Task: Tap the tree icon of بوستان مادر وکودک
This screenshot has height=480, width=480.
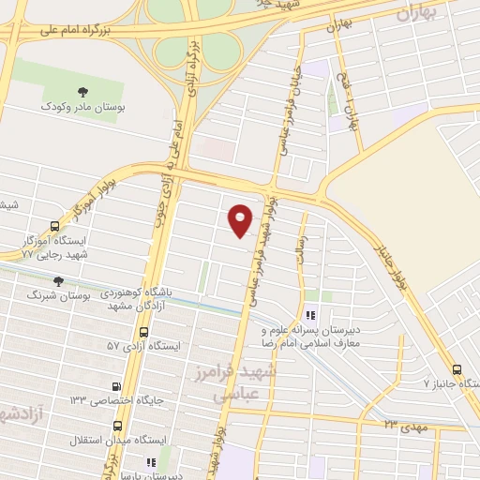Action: (84, 92)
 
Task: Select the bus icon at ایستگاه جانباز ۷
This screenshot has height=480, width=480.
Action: (457, 369)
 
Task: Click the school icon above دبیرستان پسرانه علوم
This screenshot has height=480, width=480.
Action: (311, 317)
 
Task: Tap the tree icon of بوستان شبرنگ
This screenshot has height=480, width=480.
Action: (59, 280)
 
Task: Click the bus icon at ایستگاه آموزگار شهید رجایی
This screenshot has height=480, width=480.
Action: (53, 227)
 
